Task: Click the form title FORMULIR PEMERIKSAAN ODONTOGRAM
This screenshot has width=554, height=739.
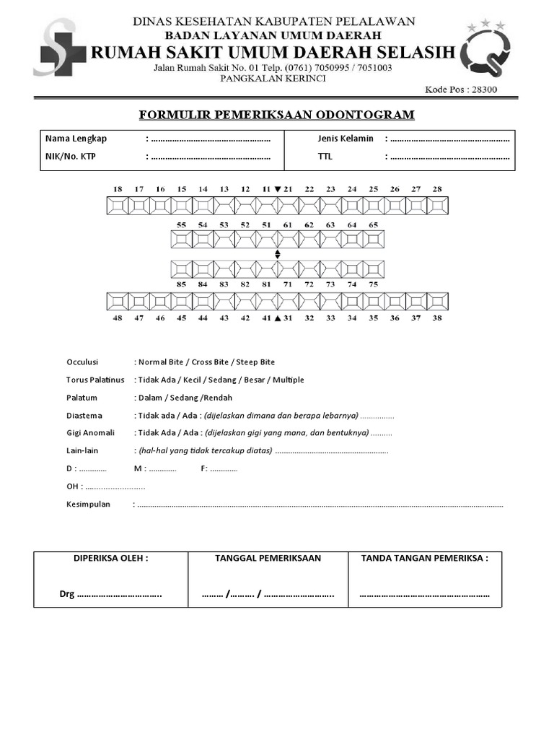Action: [x=276, y=115]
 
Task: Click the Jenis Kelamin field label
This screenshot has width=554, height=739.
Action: [x=346, y=139]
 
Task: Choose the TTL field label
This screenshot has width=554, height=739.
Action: [x=325, y=156]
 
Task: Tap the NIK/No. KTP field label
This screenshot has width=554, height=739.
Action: [x=70, y=156]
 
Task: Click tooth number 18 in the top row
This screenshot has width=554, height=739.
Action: [x=117, y=189]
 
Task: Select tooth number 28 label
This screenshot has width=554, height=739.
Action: [x=436, y=189]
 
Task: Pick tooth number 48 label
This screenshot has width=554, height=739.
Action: [x=117, y=318]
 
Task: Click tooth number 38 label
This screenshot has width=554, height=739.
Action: [x=436, y=318]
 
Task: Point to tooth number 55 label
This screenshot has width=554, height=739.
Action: [x=181, y=225]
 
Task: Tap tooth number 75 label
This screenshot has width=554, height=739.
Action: [x=373, y=284]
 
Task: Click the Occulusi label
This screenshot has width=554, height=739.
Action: [x=82, y=362]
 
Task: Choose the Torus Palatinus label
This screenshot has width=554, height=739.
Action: [x=95, y=380]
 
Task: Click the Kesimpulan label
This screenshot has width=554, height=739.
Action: [x=88, y=504]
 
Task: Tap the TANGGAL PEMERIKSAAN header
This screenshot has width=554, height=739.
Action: [x=268, y=559]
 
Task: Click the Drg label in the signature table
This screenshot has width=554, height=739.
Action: [x=67, y=595]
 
